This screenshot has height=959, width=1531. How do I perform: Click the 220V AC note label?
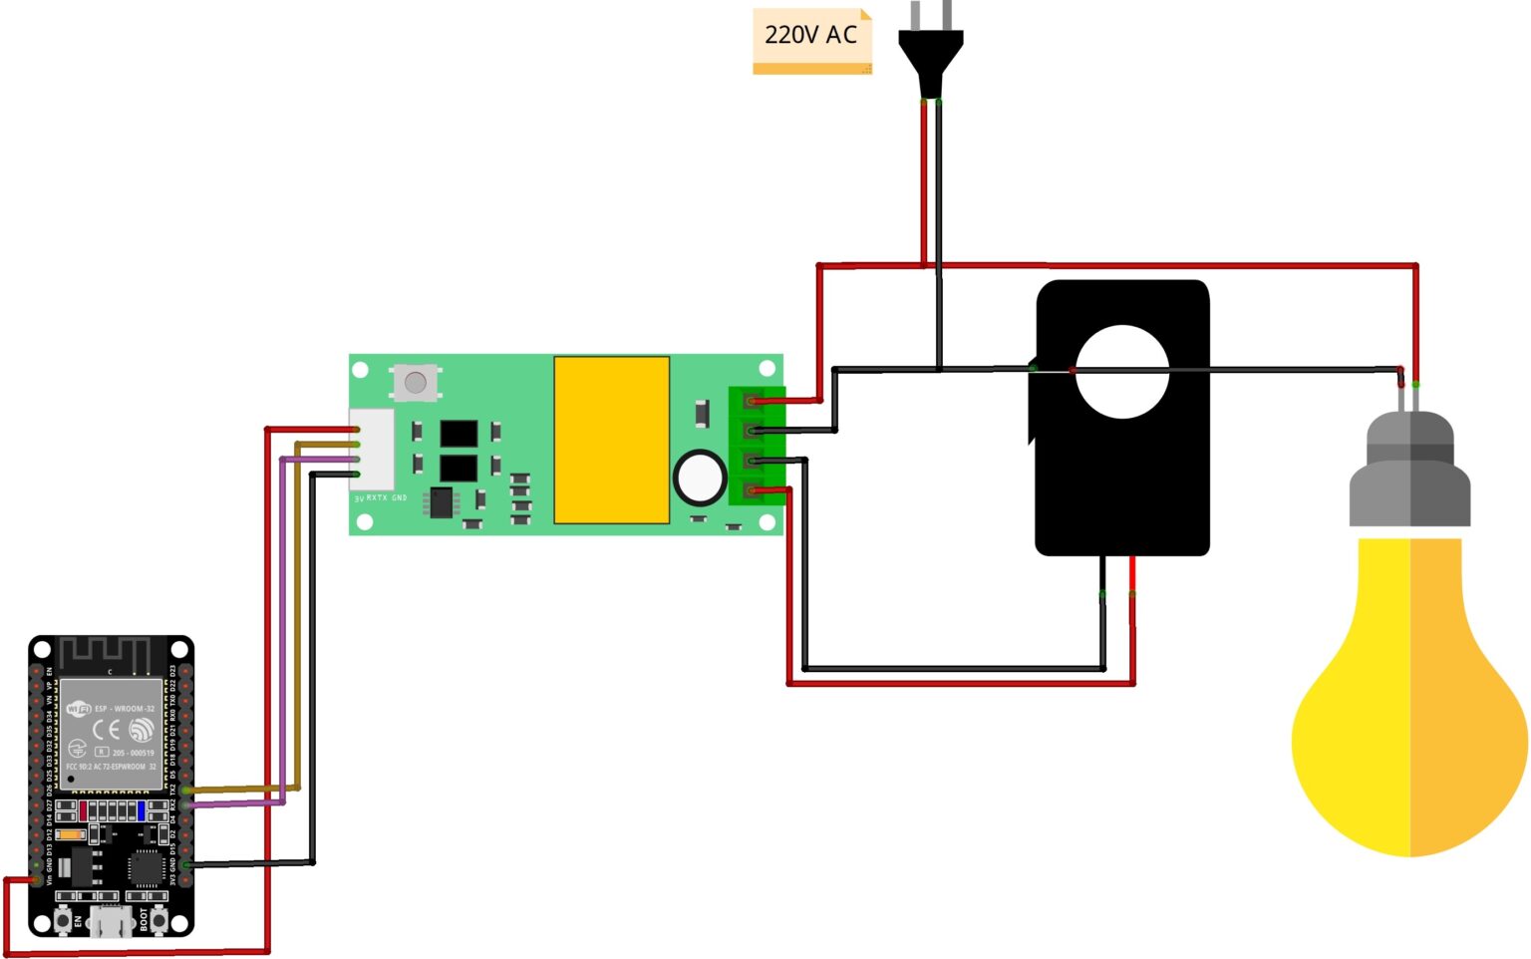811,37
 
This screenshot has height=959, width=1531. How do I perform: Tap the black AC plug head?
930,60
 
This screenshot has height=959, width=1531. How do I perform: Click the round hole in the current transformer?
1122,371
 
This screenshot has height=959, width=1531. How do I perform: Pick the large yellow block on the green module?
611,440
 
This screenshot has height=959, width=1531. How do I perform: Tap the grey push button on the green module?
416,382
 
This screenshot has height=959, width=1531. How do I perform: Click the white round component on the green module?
700,478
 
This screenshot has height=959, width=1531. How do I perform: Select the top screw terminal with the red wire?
753,401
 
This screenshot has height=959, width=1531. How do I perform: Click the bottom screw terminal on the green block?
753,489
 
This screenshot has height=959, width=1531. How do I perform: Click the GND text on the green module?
399,497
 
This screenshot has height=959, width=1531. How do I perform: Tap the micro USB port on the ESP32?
111,921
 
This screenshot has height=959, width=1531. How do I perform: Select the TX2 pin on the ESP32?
185,791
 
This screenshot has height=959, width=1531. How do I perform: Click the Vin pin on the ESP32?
37,880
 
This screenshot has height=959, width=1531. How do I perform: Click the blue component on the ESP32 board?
142,809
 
